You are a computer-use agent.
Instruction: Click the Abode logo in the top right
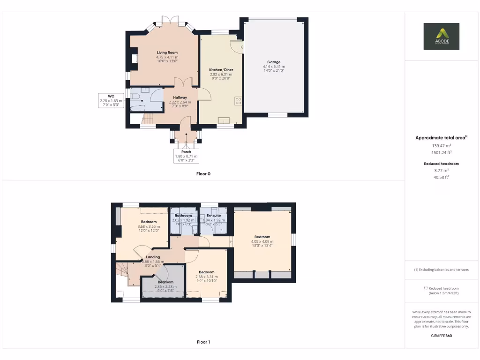441,36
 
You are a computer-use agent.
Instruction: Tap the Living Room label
167,52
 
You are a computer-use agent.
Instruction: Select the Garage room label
274,62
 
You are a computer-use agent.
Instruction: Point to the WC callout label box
111,100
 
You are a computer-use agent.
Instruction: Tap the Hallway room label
180,97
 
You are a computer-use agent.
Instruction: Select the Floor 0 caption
203,174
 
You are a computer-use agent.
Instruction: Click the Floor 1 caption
203,342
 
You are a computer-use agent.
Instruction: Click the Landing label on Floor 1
153,257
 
